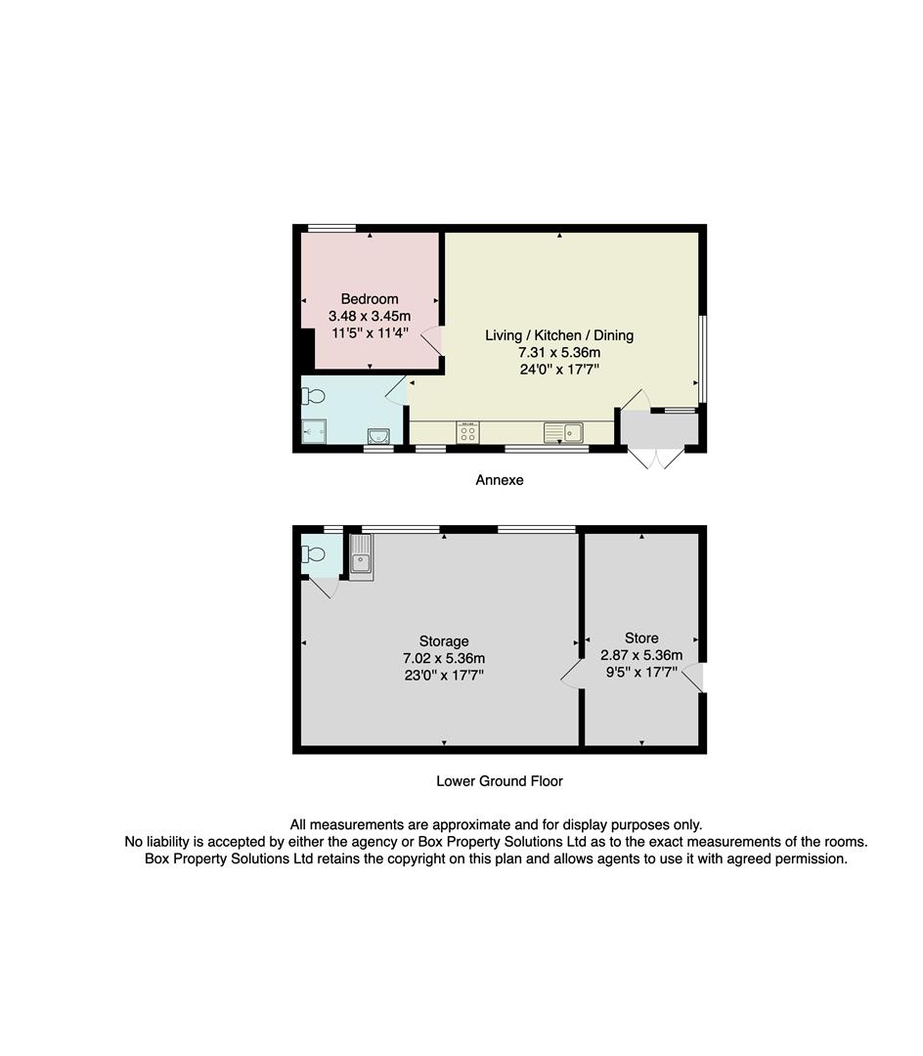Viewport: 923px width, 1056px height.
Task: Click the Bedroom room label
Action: click(x=370, y=299)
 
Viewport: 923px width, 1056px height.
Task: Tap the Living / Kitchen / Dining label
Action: click(x=559, y=335)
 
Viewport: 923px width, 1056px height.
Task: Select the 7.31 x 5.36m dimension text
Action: click(x=559, y=352)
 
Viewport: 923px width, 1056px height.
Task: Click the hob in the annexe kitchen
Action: click(x=467, y=433)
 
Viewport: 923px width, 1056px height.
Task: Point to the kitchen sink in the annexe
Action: click(x=563, y=432)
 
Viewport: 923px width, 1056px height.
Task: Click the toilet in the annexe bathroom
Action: click(x=314, y=396)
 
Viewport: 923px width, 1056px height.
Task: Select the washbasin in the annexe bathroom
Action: click(x=378, y=436)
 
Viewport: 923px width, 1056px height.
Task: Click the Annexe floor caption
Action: click(x=500, y=480)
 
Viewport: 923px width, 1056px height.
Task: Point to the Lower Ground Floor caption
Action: click(x=500, y=781)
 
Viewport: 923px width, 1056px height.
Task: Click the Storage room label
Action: click(x=445, y=641)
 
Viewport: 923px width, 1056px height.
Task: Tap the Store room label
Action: click(x=641, y=638)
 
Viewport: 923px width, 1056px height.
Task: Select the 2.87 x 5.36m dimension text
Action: click(x=641, y=655)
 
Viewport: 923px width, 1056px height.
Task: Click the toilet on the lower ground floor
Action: click(x=314, y=554)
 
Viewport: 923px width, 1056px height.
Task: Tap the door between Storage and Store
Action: click(x=570, y=675)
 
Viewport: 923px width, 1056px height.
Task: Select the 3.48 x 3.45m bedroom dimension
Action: click(x=370, y=316)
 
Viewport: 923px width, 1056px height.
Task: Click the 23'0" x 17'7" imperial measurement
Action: click(x=445, y=675)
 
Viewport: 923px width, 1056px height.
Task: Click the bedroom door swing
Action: click(x=432, y=340)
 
